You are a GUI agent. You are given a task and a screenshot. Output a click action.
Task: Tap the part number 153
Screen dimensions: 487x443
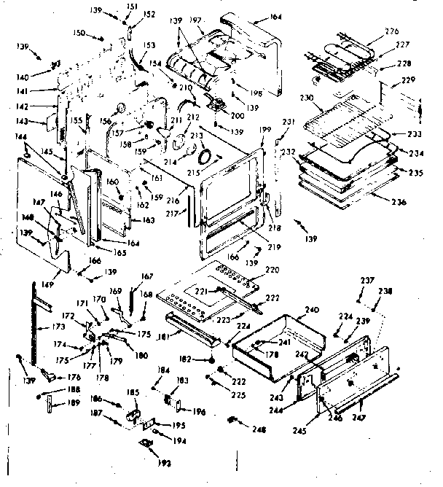click(x=149, y=45)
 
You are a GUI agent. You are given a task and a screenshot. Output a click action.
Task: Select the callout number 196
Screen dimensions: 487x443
click(x=200, y=412)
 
